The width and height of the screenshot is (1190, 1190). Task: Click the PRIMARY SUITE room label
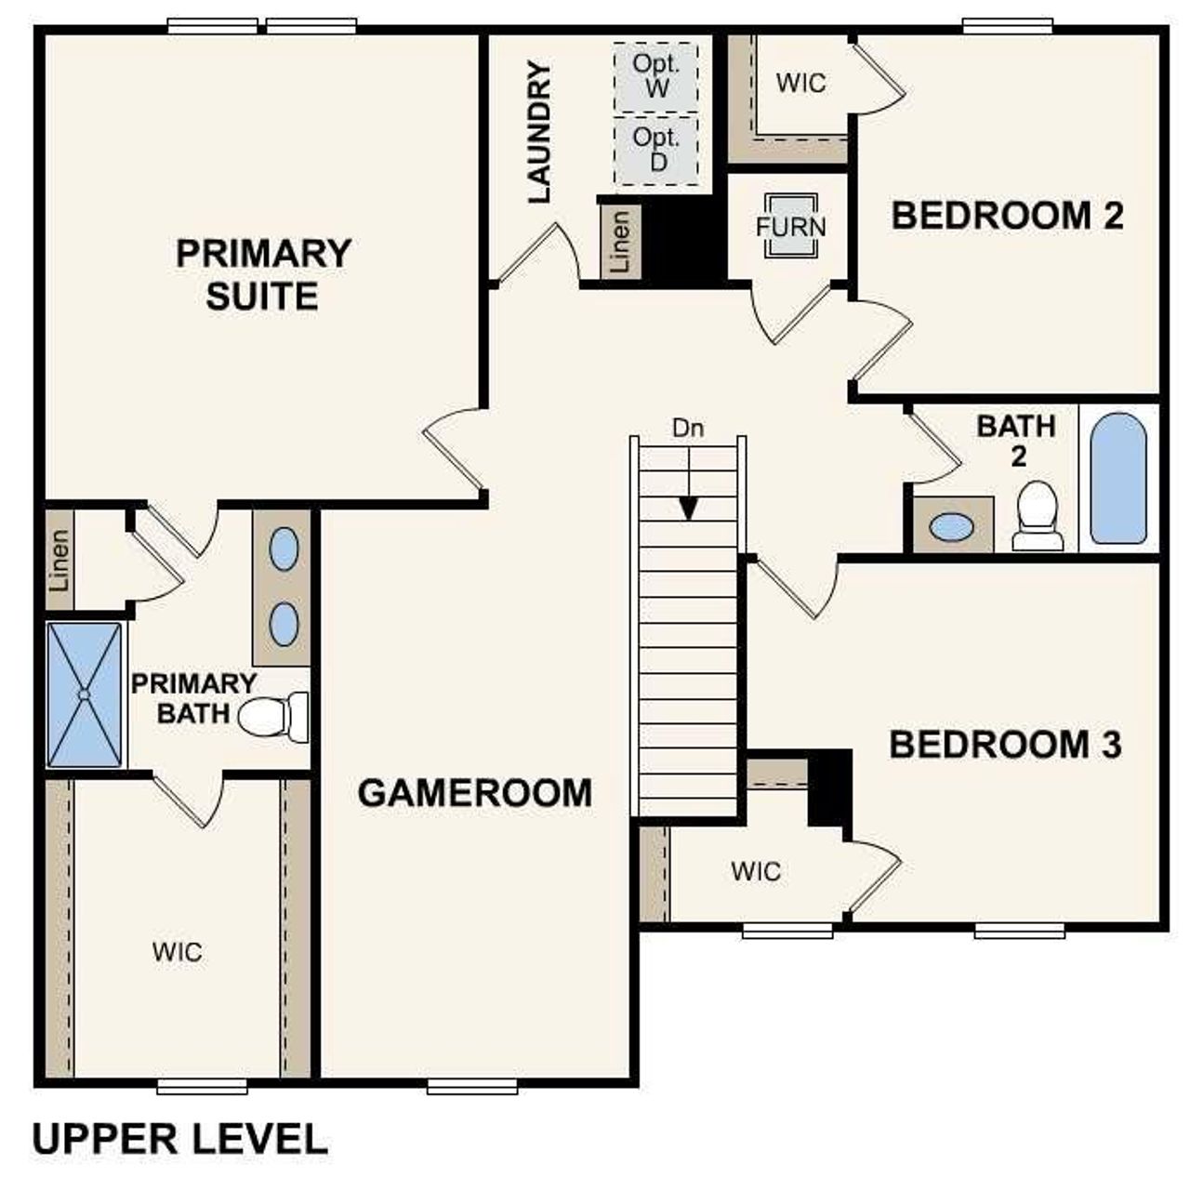[263, 274]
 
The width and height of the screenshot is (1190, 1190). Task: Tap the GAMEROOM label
[474, 793]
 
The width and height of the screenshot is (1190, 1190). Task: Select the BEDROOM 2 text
[1007, 216]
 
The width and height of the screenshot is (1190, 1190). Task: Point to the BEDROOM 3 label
[1005, 745]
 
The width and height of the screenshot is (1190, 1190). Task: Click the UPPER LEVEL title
[180, 1139]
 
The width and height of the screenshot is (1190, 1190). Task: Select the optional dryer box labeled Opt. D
[656, 150]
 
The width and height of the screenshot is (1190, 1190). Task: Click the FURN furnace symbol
[790, 226]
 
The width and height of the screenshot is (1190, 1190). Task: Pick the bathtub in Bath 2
[1117, 478]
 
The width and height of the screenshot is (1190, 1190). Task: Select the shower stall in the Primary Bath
[85, 694]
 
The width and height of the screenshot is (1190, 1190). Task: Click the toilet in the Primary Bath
[273, 717]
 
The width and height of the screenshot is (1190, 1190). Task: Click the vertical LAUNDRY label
[539, 132]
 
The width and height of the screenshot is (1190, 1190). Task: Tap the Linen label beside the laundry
[620, 240]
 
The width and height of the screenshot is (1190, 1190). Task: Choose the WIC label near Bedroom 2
[800, 83]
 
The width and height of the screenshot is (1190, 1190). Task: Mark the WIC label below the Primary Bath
[178, 952]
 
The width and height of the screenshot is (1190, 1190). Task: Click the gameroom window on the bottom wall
[472, 1085]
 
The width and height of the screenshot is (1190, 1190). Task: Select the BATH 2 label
[1016, 441]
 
